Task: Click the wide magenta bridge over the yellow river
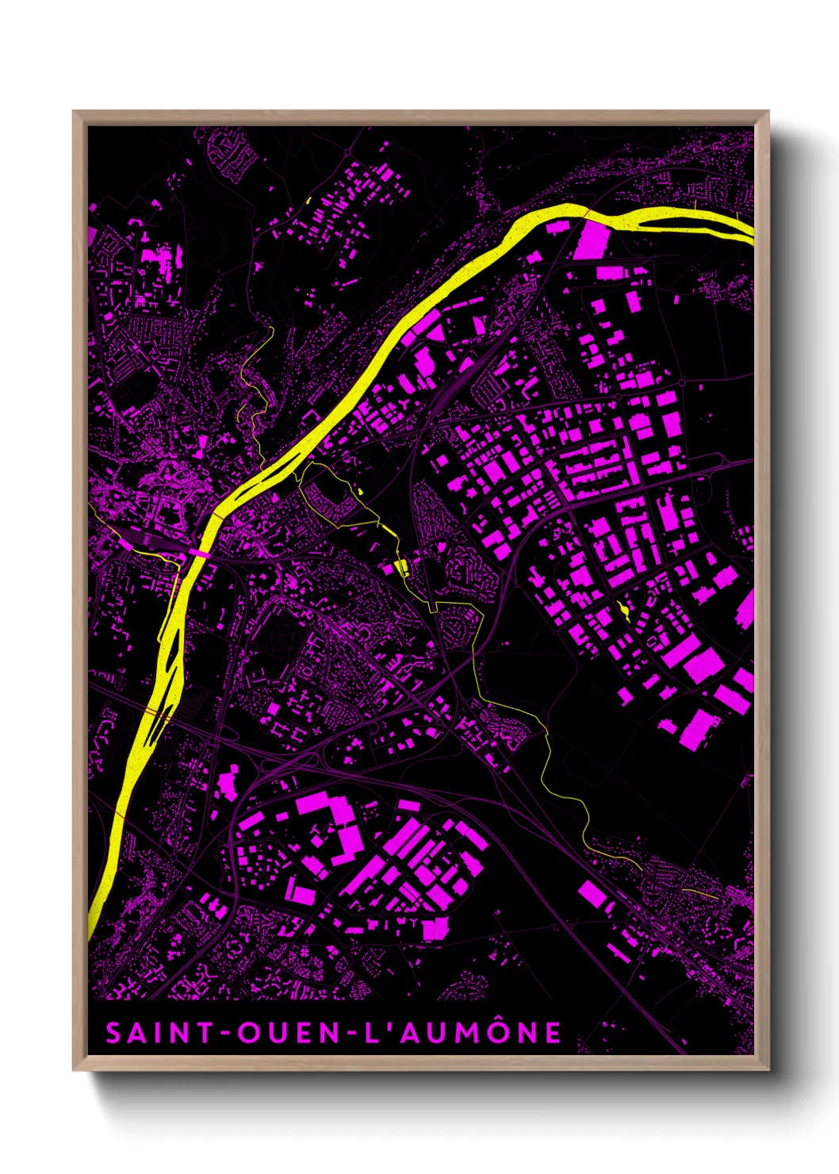pyautogui.click(x=198, y=552)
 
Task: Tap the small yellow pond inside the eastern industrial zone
pyautogui.click(x=624, y=609)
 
